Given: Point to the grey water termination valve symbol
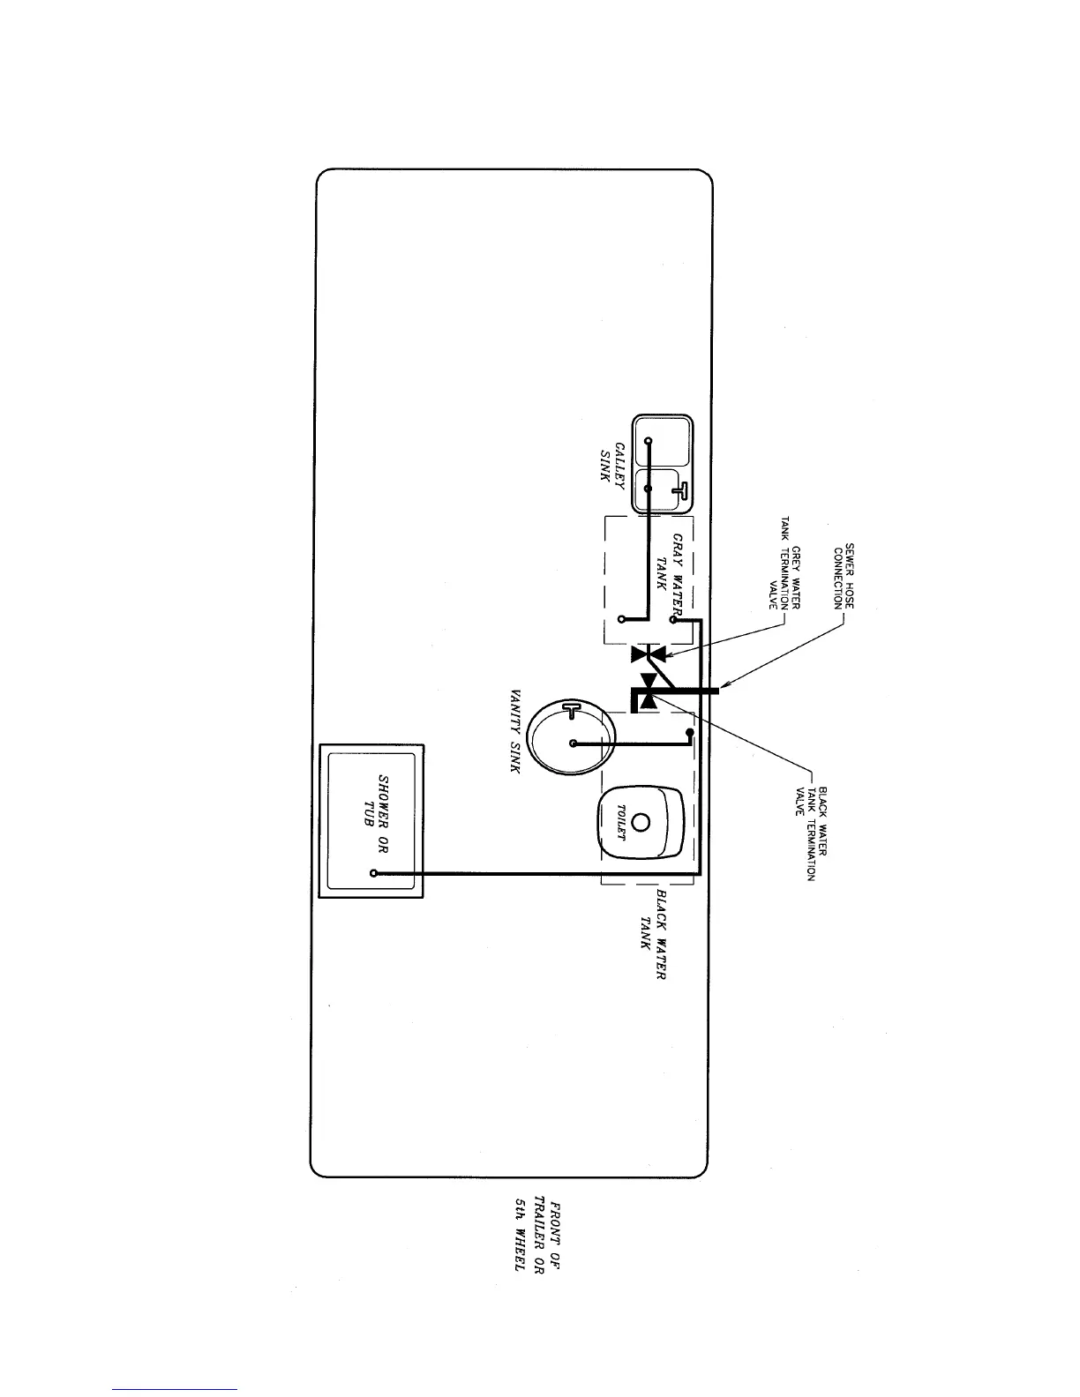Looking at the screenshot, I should (x=649, y=654).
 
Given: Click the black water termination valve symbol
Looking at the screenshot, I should (x=649, y=691).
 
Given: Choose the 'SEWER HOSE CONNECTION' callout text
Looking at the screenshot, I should (x=844, y=577).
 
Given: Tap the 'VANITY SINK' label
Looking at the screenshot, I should (x=518, y=731).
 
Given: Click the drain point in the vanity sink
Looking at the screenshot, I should (x=574, y=743).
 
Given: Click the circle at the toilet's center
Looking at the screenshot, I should (x=641, y=822).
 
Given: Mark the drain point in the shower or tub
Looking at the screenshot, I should (x=375, y=873).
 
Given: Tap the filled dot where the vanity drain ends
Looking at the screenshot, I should (x=691, y=732).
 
